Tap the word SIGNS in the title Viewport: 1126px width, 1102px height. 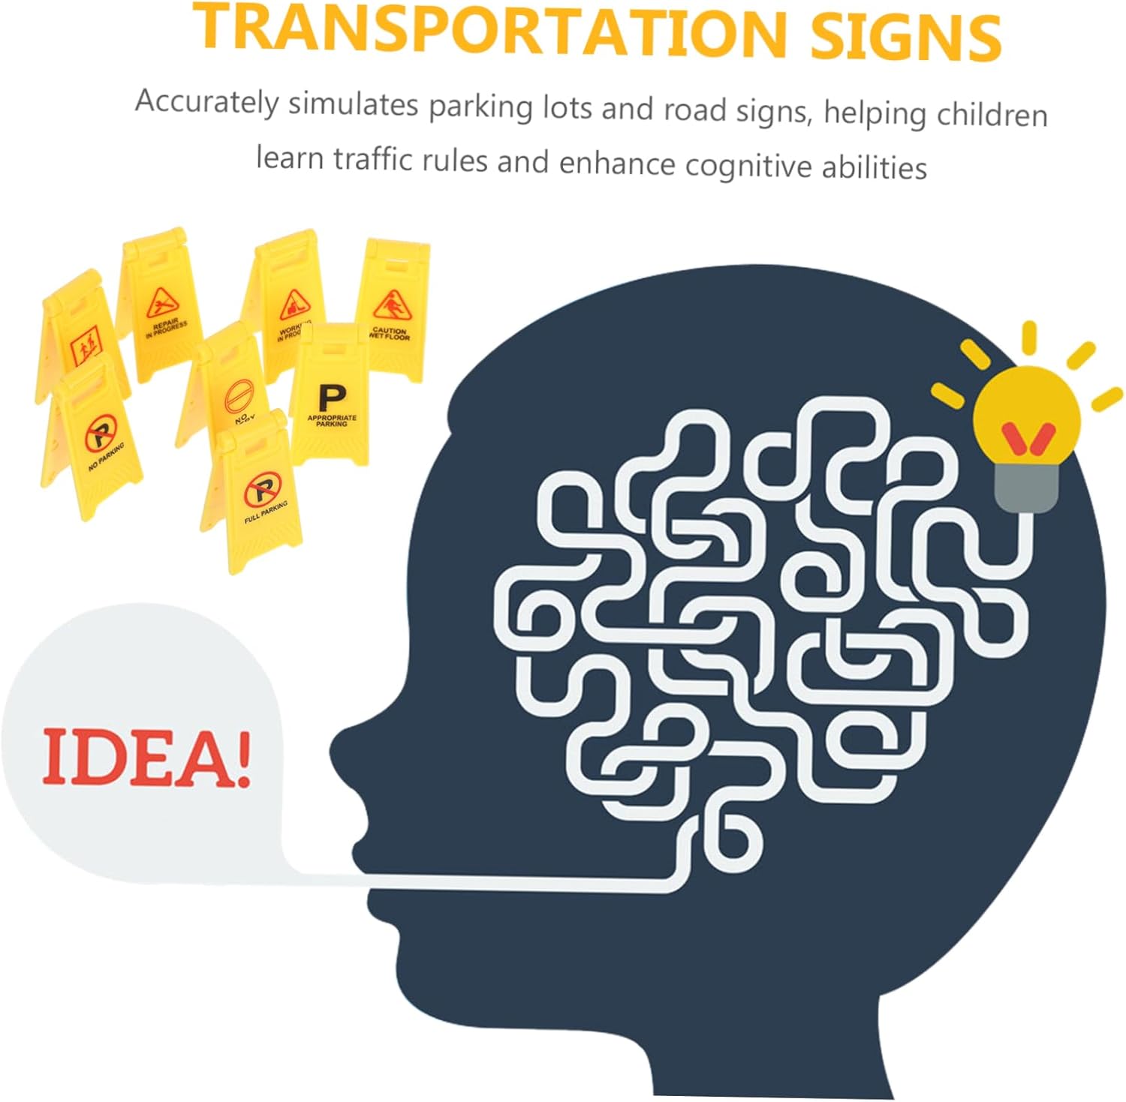pos(905,36)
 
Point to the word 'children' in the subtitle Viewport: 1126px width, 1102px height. pos(992,114)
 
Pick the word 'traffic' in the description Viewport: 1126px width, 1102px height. pos(372,159)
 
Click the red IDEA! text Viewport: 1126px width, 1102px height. pos(146,758)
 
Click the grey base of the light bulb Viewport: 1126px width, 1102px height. pos(1025,488)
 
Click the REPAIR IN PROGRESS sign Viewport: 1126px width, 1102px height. pos(161,308)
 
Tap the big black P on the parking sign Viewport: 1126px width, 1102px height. pos(331,397)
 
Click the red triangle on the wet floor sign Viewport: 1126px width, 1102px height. pos(390,306)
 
